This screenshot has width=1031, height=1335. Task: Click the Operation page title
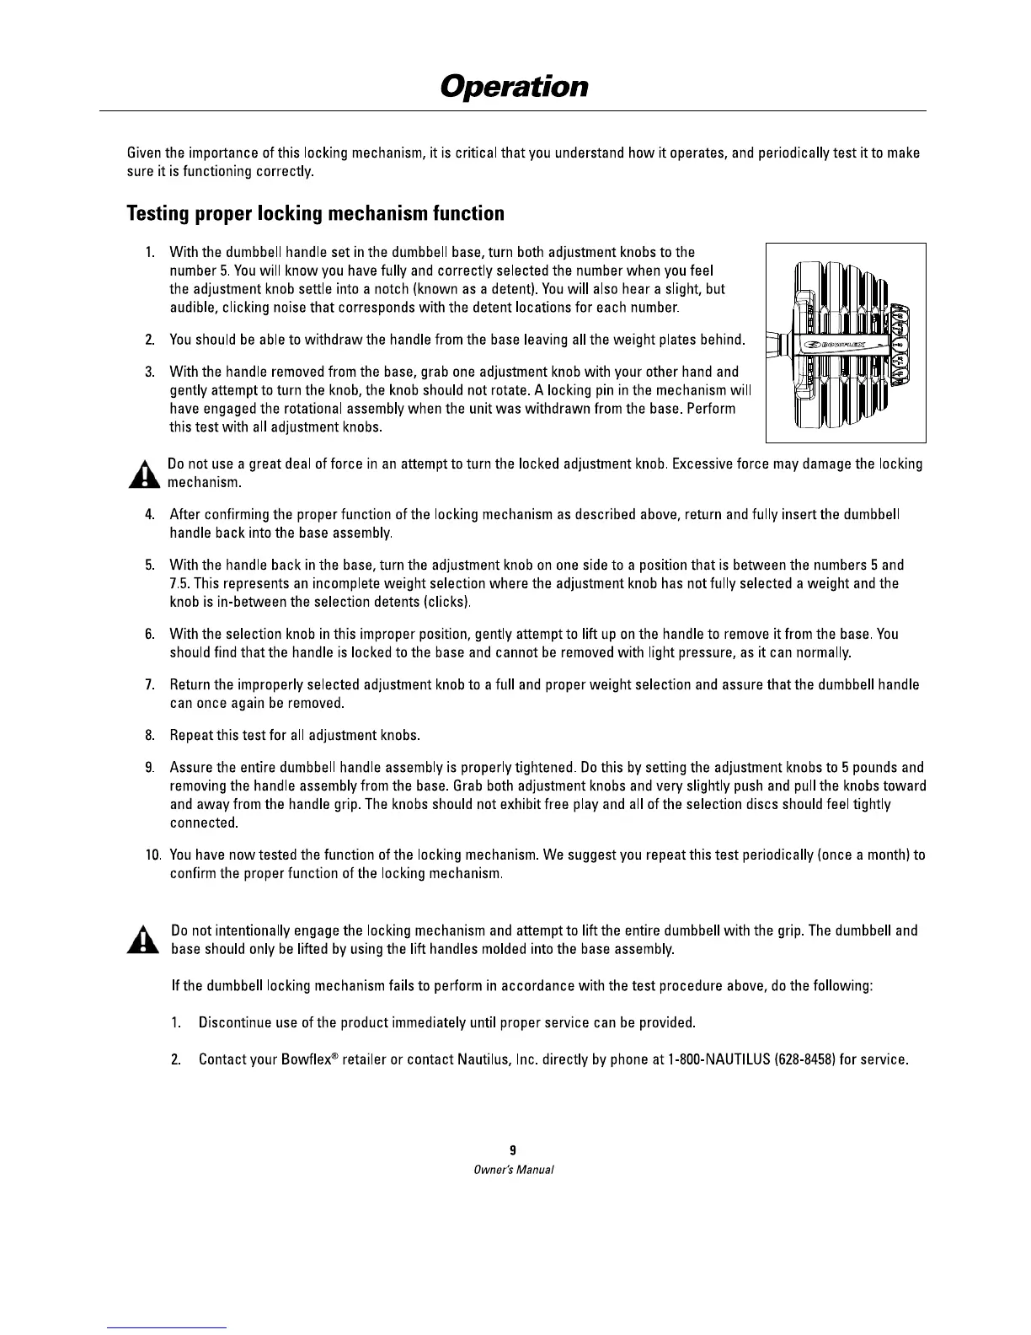point(514,86)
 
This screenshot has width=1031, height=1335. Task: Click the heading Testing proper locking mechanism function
point(315,213)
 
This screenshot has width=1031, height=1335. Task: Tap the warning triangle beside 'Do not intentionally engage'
point(144,941)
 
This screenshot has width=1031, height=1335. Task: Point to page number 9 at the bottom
point(513,1150)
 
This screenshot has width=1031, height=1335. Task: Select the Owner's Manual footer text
point(513,1170)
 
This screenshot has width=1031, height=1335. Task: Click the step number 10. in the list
point(153,855)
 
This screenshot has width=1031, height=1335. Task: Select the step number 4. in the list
point(150,514)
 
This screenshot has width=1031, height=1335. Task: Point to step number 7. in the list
point(150,684)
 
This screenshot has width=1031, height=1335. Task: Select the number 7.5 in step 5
point(179,583)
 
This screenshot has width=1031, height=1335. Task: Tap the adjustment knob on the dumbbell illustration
point(899,345)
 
